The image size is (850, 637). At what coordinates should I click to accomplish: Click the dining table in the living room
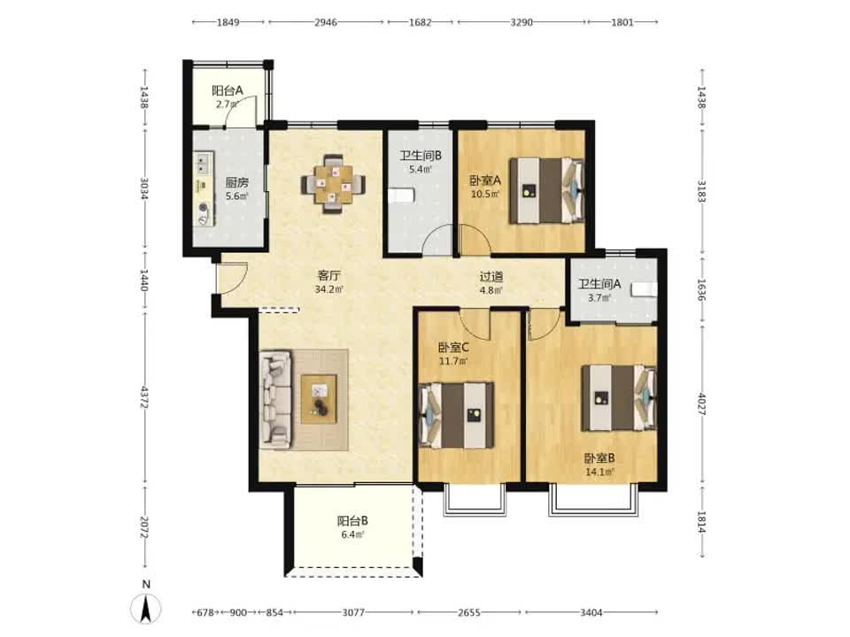point(333,184)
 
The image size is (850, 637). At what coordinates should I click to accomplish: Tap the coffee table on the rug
point(319,399)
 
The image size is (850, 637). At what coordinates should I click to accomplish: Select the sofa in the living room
point(275,400)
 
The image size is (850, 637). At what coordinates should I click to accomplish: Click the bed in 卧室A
point(546,190)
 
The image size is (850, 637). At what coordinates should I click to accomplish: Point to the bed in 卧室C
point(457,416)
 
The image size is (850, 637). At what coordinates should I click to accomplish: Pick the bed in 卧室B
point(619,398)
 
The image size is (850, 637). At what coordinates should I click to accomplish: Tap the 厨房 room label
point(237,182)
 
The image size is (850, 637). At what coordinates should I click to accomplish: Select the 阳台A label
point(228,90)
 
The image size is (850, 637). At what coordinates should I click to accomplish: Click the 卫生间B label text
point(421,156)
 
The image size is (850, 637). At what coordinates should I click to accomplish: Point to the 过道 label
point(491,277)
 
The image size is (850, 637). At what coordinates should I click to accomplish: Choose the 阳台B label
point(353,521)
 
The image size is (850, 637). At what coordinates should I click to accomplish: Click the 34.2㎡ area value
point(329,289)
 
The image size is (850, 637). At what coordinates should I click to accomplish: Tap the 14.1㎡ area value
point(599,472)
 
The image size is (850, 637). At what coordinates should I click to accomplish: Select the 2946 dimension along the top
point(326,22)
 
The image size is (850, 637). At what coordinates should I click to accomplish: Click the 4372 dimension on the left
point(144,396)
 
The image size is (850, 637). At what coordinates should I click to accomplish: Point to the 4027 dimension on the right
point(702,404)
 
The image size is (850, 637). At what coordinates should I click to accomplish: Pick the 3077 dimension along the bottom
point(353,612)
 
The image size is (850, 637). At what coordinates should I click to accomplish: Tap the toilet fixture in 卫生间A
point(644,289)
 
